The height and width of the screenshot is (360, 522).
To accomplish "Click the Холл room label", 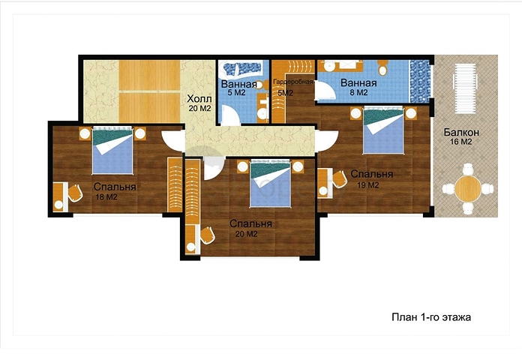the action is point(199,99).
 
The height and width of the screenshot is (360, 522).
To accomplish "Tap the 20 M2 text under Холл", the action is point(199,108).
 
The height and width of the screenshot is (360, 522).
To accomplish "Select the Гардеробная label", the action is point(292,82).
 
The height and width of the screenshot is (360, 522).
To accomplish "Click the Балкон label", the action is point(461,132).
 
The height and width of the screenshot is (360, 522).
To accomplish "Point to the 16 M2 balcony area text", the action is point(461,142).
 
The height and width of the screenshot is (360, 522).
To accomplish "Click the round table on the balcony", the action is point(468,189).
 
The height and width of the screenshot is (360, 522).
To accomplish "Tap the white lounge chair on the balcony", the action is point(465,88).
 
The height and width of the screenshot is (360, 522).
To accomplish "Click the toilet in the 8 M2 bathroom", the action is point(382,68).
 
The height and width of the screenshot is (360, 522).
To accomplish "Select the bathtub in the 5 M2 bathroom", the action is point(241,70).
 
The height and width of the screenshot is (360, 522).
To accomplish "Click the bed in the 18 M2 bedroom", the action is point(112,151).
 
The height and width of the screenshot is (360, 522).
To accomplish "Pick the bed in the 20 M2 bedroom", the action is point(271,184).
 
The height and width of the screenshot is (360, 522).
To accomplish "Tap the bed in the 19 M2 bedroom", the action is point(383,130).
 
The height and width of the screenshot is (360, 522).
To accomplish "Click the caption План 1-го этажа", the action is point(431,317).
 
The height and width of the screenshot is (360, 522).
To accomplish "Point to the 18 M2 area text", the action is point(106,197).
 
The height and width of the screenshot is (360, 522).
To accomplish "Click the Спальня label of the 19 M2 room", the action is point(372,174).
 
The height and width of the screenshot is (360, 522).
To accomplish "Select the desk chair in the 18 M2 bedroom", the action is point(75,193).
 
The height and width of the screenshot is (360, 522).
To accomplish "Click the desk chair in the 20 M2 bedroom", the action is point(207,235).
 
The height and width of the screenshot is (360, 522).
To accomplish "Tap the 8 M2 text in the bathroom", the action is point(358,92).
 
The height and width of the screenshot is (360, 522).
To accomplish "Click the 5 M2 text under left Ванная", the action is point(237,92).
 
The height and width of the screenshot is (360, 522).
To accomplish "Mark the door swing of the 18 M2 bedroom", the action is point(172,140).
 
